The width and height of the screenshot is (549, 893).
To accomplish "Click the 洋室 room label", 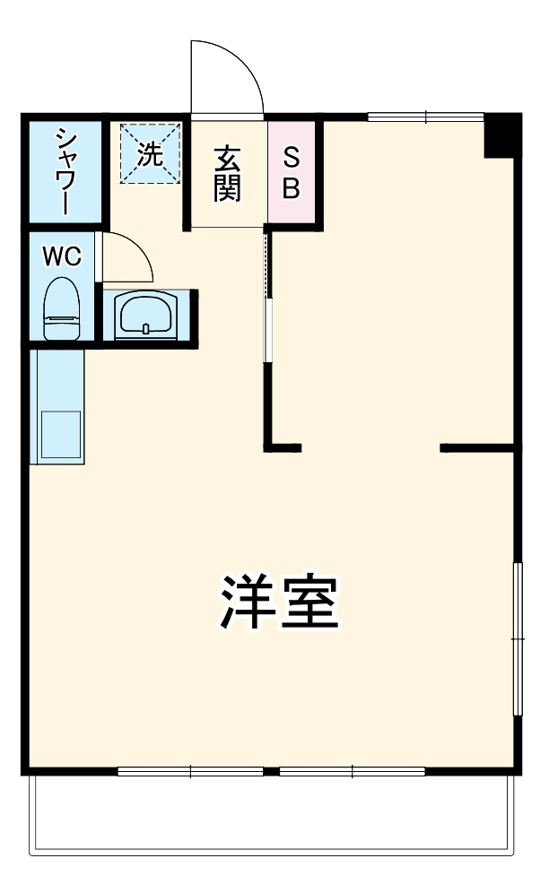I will [279, 603].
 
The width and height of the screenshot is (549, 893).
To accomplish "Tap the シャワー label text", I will [64, 170].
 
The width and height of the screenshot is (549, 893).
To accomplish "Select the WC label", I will [63, 256].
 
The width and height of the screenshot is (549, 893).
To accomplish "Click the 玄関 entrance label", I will [227, 172].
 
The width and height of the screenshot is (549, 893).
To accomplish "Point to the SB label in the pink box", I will [292, 173].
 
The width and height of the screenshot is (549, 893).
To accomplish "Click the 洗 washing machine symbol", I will [151, 153].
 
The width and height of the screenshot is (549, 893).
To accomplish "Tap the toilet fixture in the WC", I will [63, 308].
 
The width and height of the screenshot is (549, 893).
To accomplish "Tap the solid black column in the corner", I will [501, 135].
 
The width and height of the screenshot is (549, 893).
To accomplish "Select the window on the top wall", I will [425, 116].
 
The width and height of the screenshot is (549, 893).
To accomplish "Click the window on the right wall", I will [517, 638].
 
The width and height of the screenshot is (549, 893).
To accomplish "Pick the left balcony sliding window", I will [190, 770].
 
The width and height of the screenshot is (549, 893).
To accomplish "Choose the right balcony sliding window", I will [353, 770].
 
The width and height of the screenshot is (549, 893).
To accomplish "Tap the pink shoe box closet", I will [292, 172].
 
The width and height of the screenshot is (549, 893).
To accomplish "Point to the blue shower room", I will [64, 170].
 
